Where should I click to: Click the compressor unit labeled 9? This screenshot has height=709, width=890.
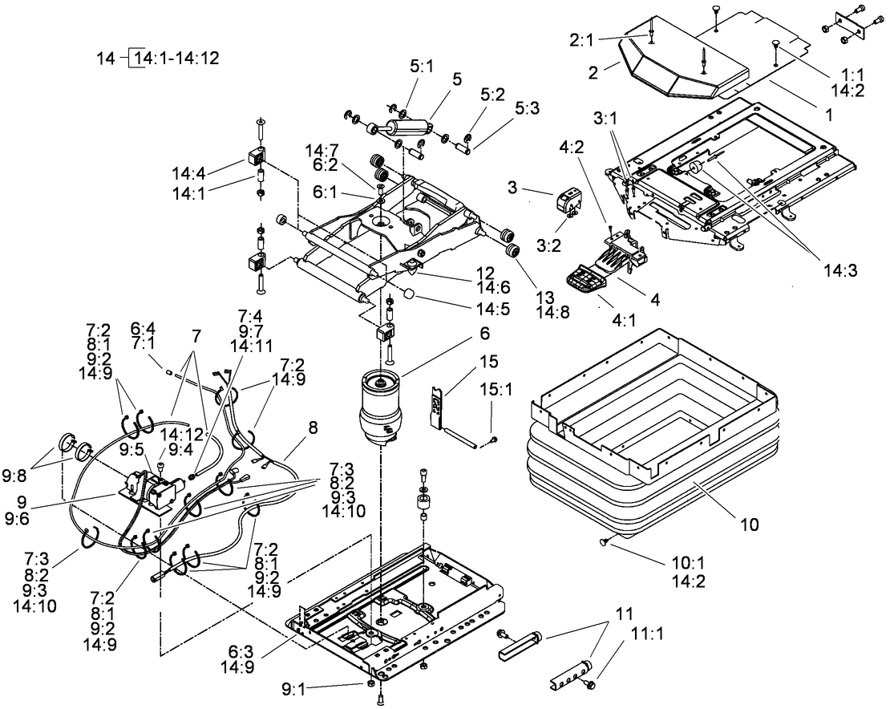[152, 488]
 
